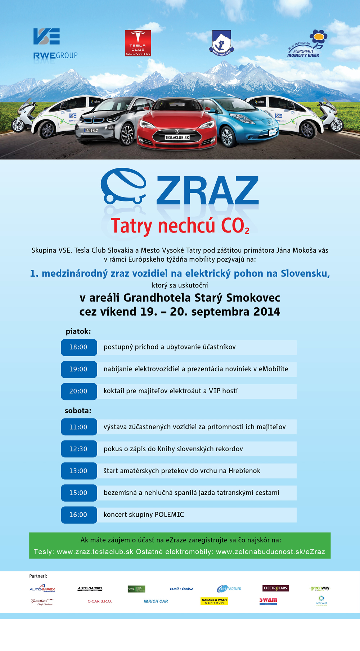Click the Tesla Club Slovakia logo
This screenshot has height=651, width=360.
click(138, 43)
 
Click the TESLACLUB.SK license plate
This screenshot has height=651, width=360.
click(177, 137)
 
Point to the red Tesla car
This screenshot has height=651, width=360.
click(177, 122)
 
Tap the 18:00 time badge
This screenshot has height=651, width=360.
click(78, 347)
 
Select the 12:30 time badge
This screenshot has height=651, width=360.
click(78, 449)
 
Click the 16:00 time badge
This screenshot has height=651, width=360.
click(78, 515)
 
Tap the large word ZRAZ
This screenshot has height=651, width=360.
click(207, 191)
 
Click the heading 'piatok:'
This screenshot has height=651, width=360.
click(78, 331)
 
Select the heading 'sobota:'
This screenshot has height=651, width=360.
click(78, 411)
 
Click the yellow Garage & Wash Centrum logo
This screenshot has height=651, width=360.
click(214, 601)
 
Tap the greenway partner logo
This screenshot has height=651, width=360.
click(320, 588)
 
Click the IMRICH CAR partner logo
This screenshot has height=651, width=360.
click(156, 601)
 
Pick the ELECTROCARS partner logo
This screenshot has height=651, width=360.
click(275, 588)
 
